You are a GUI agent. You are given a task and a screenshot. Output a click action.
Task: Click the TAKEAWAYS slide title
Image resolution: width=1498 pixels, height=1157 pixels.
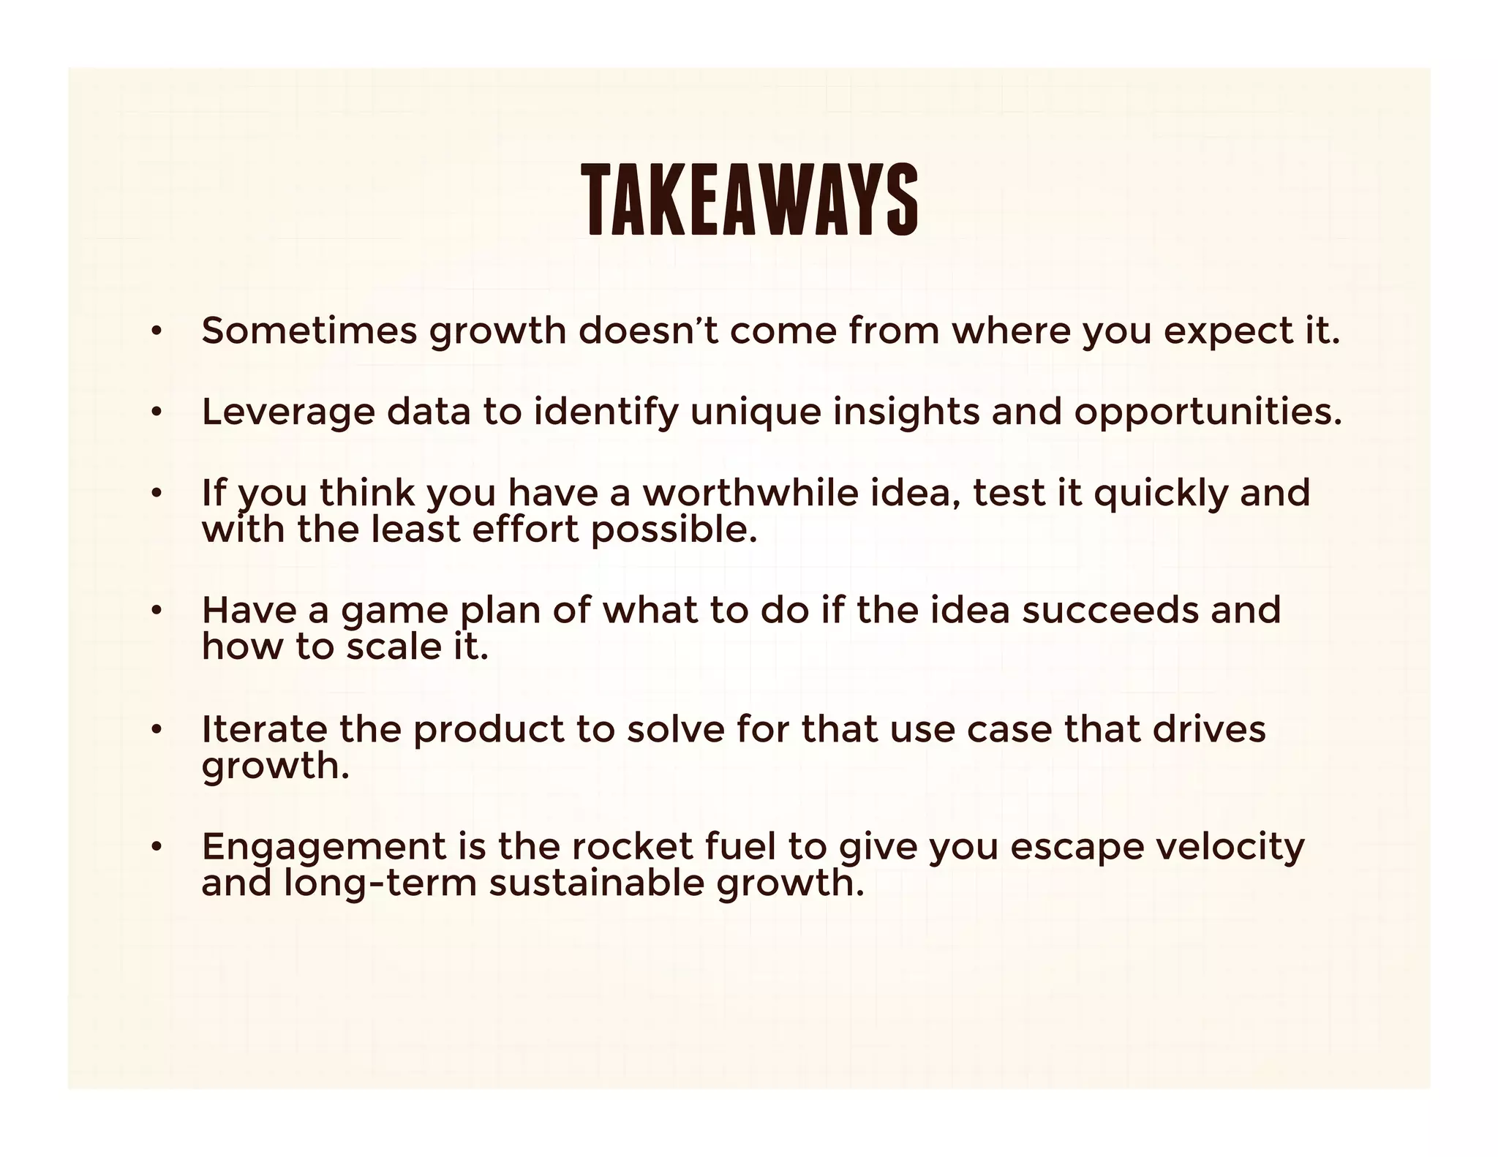750,200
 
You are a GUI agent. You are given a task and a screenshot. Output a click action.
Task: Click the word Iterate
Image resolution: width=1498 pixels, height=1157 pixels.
265,729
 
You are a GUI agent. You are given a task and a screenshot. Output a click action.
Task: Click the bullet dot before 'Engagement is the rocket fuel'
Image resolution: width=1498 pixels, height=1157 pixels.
155,848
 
